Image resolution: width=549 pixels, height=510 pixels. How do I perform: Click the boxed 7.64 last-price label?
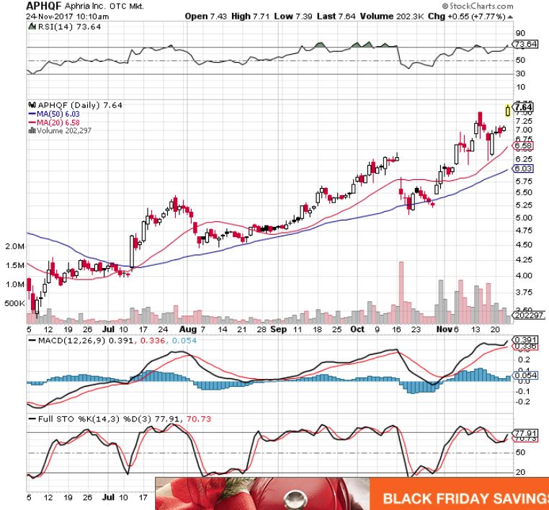click(x=524, y=107)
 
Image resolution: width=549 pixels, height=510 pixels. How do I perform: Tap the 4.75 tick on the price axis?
click(x=524, y=231)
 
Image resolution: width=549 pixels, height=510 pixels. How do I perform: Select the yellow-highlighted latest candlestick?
click(x=509, y=110)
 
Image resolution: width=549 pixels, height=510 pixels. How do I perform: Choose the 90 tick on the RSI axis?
click(x=519, y=32)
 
